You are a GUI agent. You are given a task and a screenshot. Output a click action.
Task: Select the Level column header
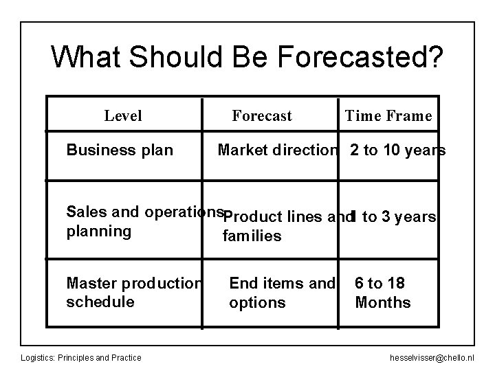pos(123,115)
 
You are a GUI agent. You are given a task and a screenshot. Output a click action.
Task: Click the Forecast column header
pos(262,115)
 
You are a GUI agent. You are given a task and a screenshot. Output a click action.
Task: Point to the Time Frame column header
pos(388,115)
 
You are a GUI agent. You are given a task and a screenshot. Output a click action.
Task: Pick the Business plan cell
pos(120,150)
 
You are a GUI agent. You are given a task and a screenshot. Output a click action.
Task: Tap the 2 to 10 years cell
pos(397,150)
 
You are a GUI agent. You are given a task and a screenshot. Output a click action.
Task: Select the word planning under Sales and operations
pos(98,231)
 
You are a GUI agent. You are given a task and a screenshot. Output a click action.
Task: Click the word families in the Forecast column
pos(252,236)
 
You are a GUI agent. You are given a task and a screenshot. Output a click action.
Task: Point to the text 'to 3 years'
pos(399,217)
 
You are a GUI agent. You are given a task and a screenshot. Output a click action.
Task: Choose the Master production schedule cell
pos(133,292)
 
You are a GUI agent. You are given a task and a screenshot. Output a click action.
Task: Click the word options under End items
pos(257,302)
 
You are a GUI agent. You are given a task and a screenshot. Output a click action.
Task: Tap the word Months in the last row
pos(382,302)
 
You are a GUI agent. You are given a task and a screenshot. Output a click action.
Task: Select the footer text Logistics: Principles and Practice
pos(81,357)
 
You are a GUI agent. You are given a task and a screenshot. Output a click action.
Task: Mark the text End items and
pos(282,283)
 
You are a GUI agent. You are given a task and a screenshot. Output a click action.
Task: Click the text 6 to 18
pos(379,283)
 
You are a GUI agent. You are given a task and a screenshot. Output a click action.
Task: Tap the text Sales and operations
pos(146,212)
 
